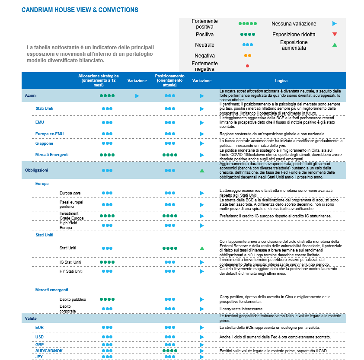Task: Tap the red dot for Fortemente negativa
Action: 247,66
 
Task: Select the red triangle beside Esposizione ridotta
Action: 335,34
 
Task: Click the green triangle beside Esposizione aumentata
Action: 335,45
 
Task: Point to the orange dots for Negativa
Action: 247,56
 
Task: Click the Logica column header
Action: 281,81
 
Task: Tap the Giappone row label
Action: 44,143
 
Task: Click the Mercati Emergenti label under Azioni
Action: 52,154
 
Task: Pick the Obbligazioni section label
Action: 36,170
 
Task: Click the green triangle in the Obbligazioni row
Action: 202,171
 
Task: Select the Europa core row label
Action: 70,193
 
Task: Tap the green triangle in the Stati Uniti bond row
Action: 202,248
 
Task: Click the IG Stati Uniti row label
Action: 70,262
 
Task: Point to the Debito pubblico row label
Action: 73,299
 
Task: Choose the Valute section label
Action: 31,319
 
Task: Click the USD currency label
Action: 39,337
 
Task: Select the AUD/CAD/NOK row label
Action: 49,350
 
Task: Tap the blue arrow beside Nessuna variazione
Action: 335,24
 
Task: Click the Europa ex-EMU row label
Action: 49,134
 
